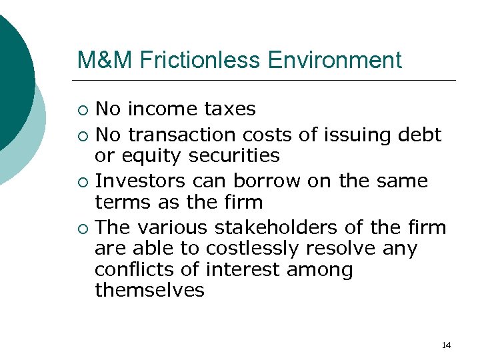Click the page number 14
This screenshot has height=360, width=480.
446,345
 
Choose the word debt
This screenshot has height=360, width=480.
419,135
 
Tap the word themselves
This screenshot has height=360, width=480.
149,290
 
